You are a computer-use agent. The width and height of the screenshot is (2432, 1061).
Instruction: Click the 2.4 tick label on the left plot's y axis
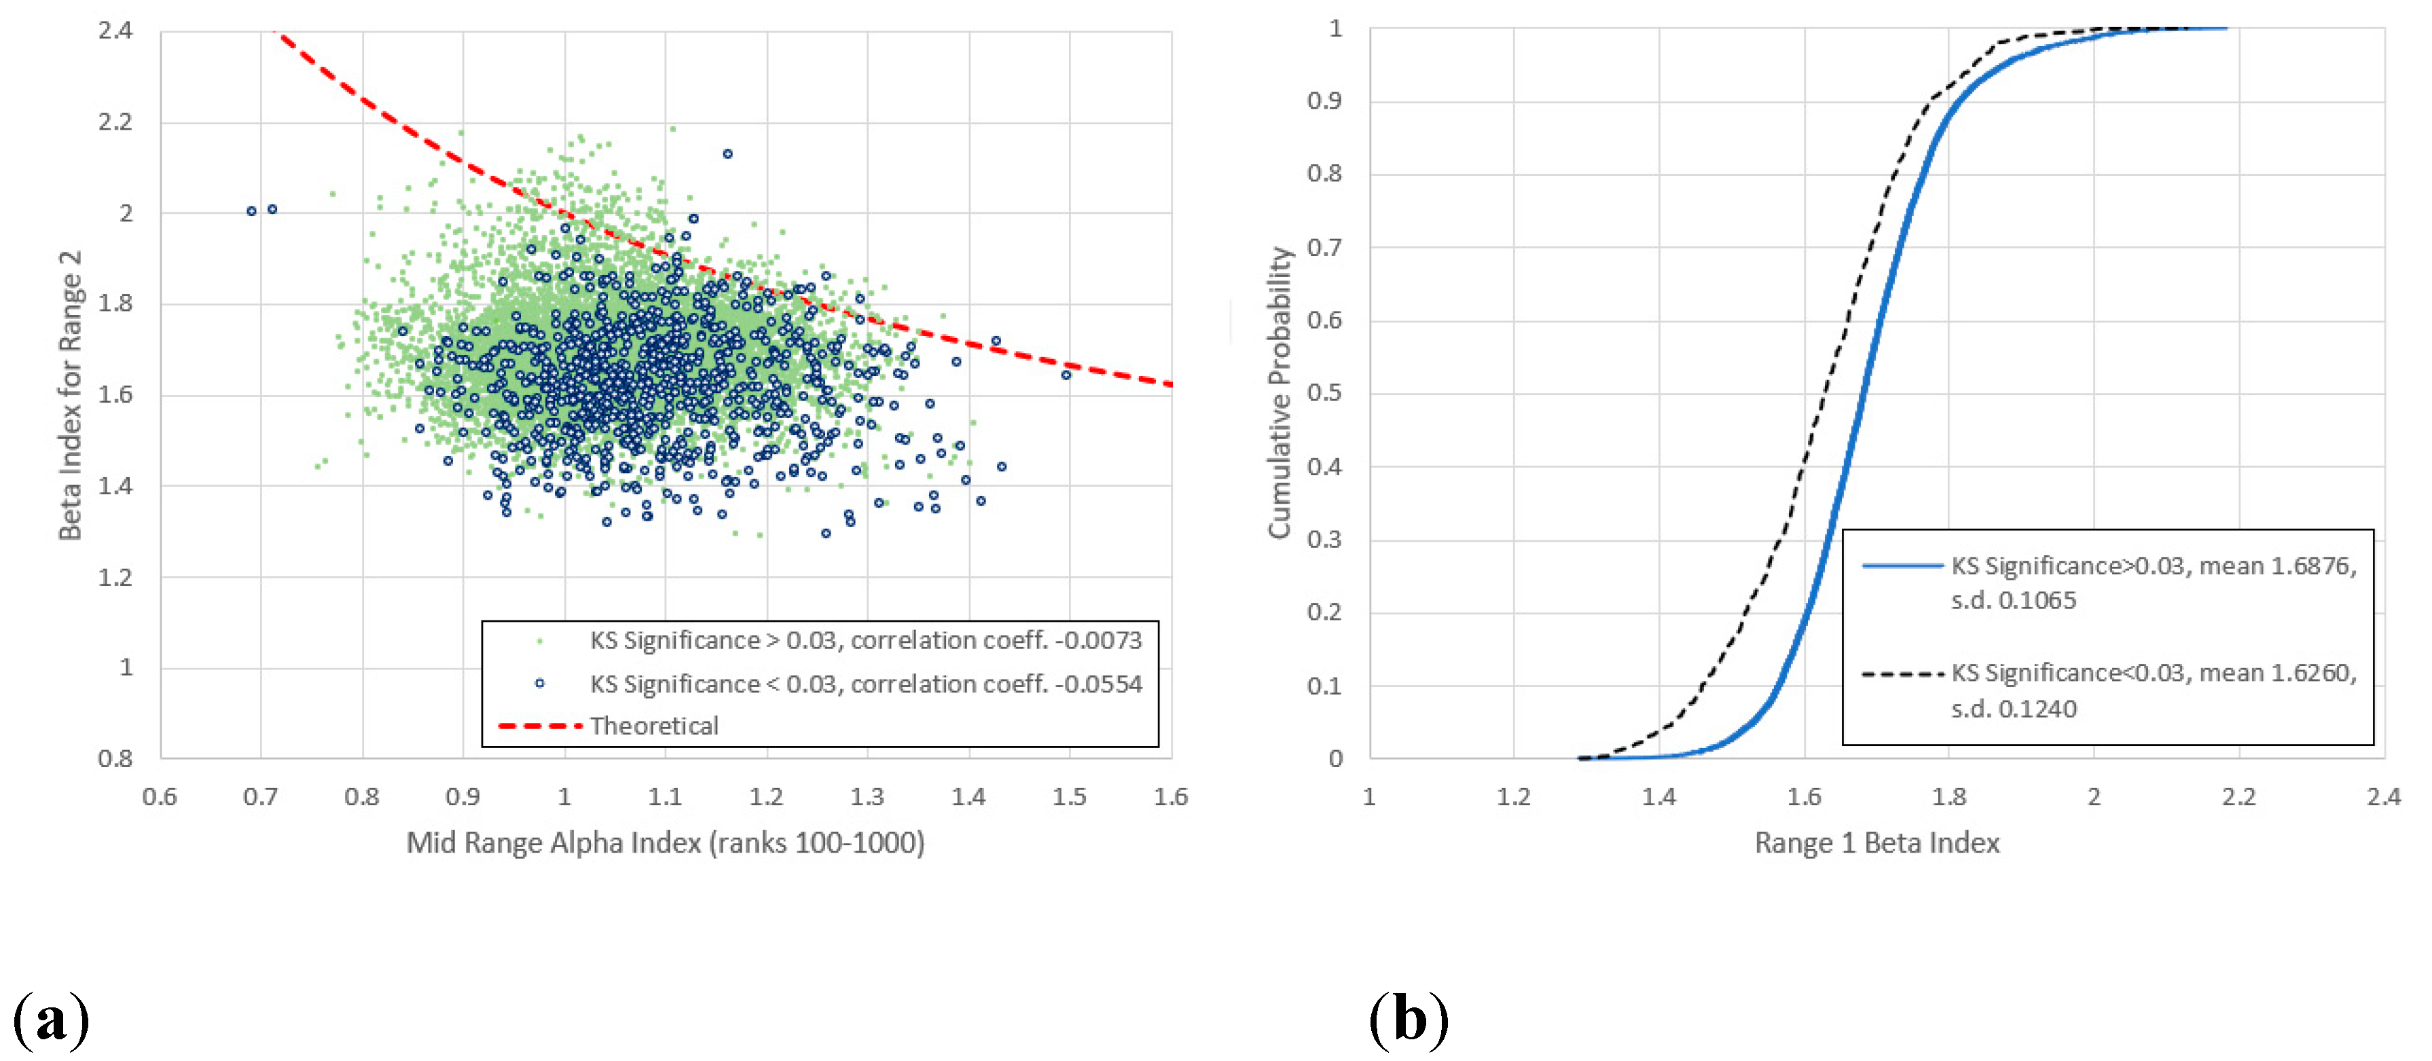[115, 30]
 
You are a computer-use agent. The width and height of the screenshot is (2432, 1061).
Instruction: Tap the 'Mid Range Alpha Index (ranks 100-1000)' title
[666, 842]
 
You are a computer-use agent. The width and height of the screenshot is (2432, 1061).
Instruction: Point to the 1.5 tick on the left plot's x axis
[1069, 797]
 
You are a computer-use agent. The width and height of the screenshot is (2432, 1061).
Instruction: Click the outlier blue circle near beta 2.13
[727, 154]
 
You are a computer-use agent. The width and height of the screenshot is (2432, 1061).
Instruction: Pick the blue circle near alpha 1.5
[1066, 375]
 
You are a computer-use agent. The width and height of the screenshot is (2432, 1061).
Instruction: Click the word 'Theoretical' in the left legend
[654, 725]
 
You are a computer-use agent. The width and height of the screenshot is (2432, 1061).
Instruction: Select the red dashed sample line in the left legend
[539, 725]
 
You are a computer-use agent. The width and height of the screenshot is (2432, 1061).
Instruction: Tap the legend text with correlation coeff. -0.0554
[866, 684]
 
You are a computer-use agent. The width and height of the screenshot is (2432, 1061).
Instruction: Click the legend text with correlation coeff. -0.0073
[866, 640]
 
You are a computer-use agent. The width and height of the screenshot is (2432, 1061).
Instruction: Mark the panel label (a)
[51, 1020]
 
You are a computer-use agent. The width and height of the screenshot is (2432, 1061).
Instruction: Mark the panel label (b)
[1409, 1020]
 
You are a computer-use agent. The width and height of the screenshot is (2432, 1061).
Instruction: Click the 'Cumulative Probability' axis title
[1279, 392]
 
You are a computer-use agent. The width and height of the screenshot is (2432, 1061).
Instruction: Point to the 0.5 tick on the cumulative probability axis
[1324, 392]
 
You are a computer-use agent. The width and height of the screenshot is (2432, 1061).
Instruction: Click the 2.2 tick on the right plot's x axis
[2238, 797]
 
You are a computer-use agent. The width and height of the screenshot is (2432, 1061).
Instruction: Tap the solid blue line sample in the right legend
[1902, 565]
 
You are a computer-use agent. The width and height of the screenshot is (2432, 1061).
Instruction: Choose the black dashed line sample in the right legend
[1902, 674]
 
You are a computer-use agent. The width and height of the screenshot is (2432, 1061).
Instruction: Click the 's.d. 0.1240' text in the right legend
[2013, 708]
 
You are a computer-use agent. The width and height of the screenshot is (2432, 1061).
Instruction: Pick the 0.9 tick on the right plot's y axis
[1324, 101]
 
